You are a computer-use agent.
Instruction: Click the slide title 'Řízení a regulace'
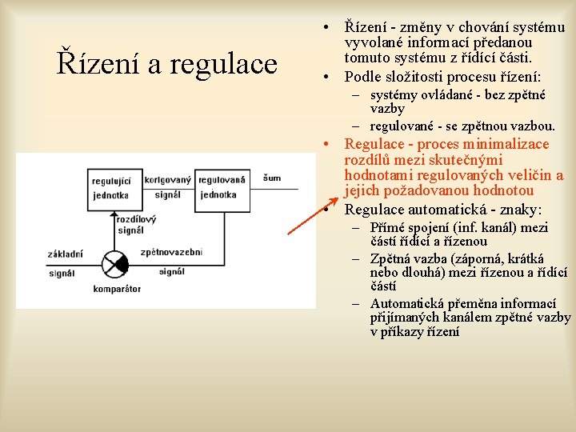[x=166, y=64]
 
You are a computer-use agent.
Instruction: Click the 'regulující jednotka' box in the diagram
[x=111, y=187]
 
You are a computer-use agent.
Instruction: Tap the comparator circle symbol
[x=114, y=262]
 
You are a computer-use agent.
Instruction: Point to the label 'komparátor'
[x=117, y=288]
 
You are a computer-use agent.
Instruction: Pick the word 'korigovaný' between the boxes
[x=167, y=180]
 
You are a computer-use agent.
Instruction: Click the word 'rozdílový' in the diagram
[x=136, y=218]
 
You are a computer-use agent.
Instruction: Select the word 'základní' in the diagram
[x=65, y=254]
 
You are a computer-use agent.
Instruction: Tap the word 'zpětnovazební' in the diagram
[x=171, y=252]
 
